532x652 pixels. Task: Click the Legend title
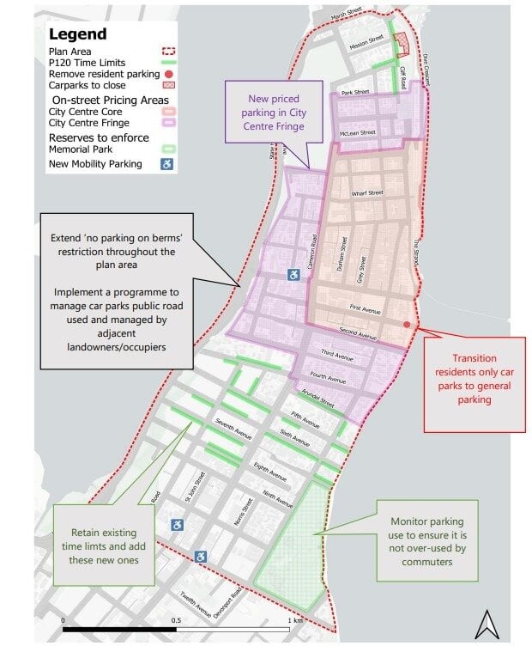click(x=78, y=35)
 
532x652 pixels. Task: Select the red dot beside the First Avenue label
click(x=407, y=324)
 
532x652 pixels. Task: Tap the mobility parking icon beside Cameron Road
click(x=293, y=275)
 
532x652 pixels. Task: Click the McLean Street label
click(x=359, y=133)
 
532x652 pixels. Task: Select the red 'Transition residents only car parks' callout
click(x=474, y=379)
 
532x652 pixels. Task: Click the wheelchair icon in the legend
click(x=166, y=164)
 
